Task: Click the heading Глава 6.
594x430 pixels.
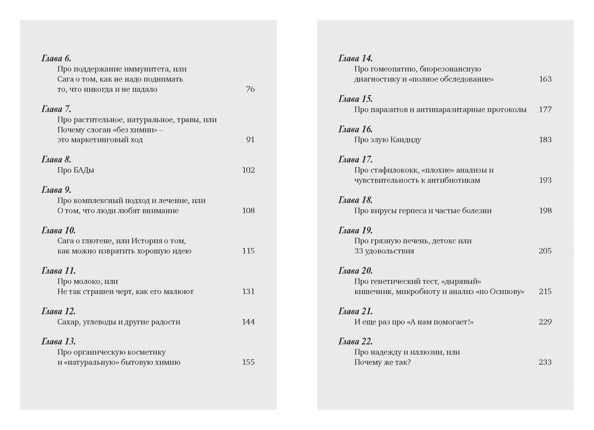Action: coord(56,59)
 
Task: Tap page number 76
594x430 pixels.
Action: coord(250,89)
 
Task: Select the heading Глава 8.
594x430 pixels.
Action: coord(56,160)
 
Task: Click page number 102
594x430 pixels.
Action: coord(248,170)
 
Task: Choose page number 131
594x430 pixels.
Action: coord(248,292)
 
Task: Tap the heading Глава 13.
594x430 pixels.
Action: coord(59,342)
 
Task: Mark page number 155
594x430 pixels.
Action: coord(248,362)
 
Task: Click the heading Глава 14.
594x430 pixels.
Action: coord(356,59)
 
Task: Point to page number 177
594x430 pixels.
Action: coord(545,110)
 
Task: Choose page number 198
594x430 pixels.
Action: coord(545,211)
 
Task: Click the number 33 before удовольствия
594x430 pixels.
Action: coord(359,251)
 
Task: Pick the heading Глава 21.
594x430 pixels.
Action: coord(356,312)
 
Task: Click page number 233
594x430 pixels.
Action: coord(545,362)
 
